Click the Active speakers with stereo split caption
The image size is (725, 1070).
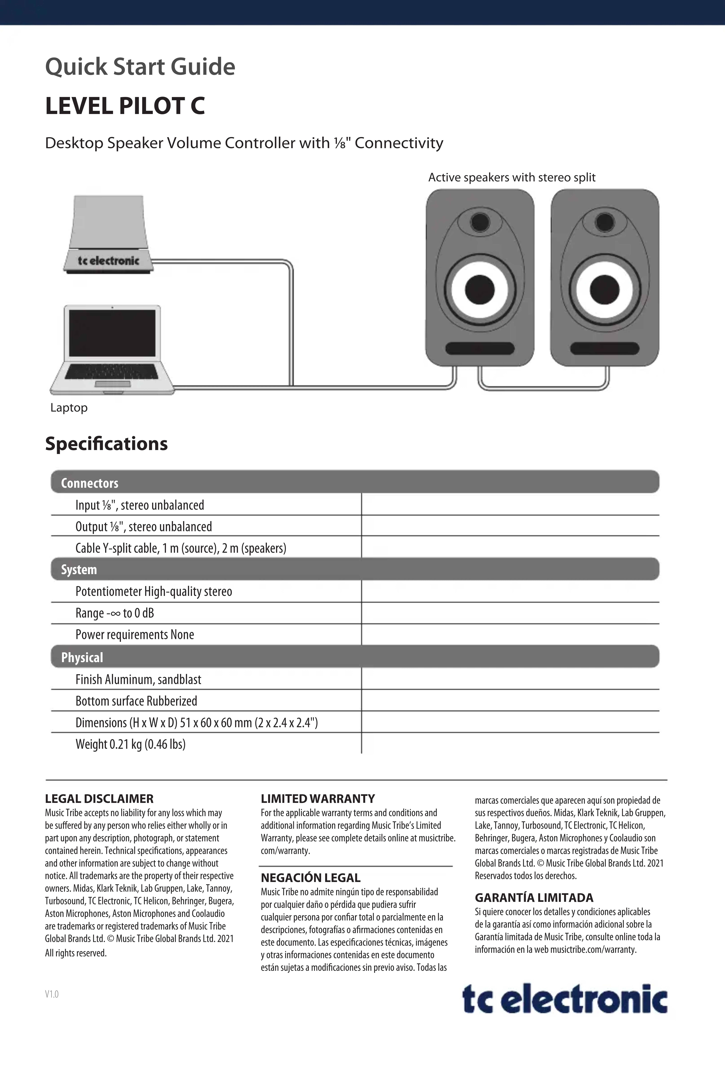512,178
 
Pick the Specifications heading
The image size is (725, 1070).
106,444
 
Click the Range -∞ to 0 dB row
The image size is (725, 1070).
115,613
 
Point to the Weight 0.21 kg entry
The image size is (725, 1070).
130,745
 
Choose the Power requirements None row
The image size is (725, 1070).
134,635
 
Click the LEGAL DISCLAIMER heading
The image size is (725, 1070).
99,799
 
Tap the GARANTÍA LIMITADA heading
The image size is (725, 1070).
534,898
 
